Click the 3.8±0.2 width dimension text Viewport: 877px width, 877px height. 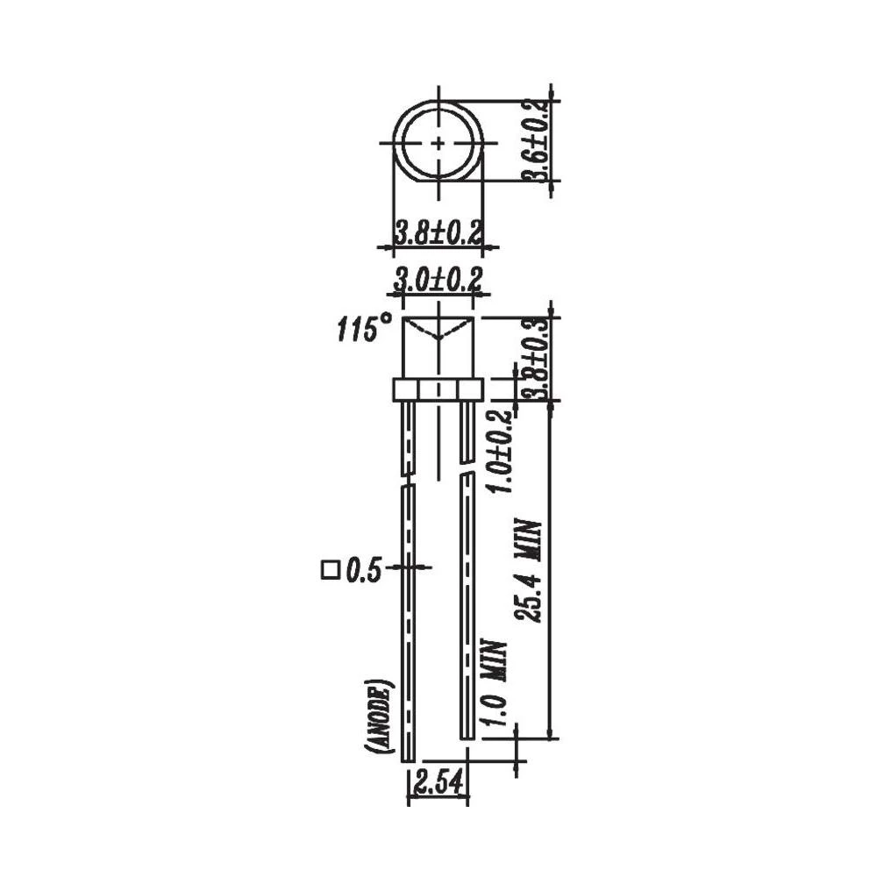[x=438, y=234]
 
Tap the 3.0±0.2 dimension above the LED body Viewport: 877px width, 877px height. [x=438, y=281]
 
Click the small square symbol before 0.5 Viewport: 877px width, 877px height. [x=330, y=571]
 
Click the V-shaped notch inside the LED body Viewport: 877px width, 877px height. [x=438, y=334]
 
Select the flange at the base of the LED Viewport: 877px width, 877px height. [x=438, y=389]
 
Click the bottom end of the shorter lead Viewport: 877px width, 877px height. [x=467, y=735]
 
